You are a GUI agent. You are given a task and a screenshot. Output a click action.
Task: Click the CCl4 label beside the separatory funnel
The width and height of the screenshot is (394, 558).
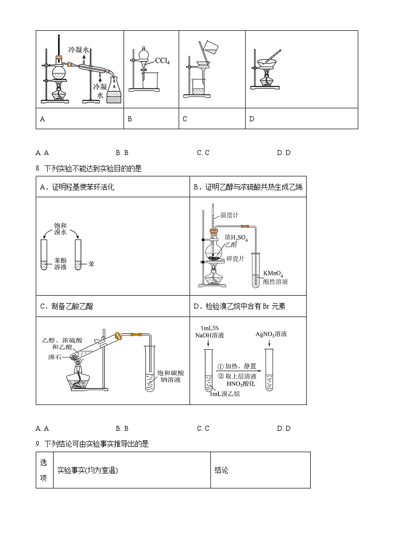162,61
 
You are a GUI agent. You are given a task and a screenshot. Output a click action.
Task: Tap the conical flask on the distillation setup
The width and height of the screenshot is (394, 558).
114,86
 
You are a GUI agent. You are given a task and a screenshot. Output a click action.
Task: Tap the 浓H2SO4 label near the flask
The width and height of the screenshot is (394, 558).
236,238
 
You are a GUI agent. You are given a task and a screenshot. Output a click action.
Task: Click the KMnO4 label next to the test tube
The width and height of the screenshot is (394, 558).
274,273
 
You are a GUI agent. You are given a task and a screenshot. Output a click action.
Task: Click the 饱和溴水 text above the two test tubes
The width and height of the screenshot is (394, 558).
60,229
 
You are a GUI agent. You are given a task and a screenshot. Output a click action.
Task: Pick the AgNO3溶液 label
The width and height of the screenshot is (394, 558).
271,334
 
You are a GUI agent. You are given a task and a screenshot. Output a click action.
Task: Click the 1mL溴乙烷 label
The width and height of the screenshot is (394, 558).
224,394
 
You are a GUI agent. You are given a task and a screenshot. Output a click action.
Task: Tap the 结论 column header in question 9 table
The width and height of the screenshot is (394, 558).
221,470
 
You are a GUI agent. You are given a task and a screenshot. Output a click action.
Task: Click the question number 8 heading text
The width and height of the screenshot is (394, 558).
89,169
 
